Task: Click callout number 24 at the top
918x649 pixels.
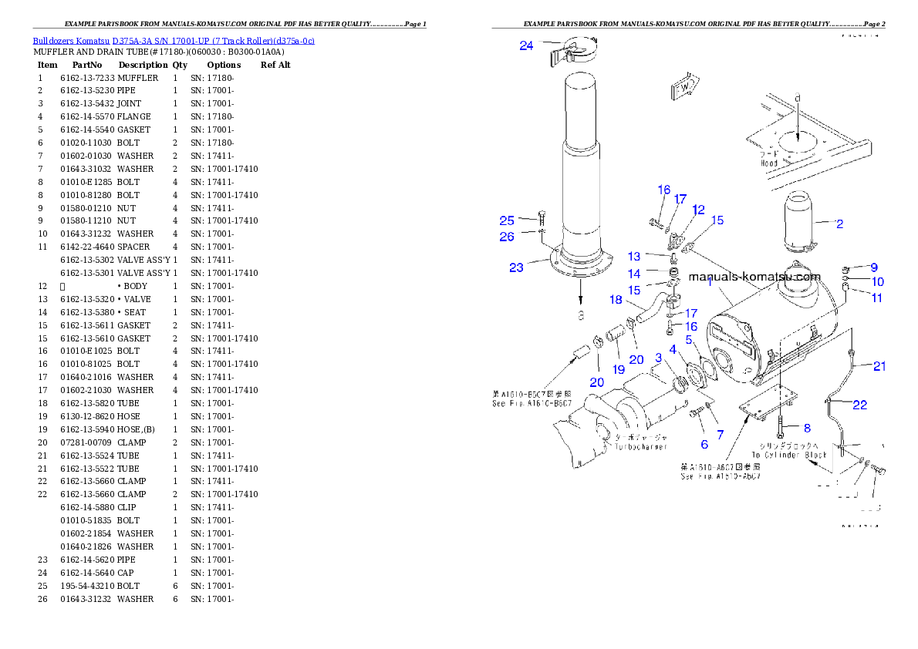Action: click(526, 45)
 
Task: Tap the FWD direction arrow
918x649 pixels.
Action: click(685, 87)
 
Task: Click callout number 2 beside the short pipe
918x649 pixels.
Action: click(839, 224)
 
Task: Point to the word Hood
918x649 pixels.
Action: click(768, 163)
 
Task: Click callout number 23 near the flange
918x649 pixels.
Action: click(516, 267)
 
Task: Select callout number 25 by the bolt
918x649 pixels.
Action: click(506, 220)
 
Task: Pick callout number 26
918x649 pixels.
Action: click(506, 237)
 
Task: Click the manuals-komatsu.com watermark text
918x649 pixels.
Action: click(754, 277)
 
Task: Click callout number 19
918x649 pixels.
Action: click(619, 370)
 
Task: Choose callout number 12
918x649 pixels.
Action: click(698, 210)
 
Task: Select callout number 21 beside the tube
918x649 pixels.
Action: click(879, 366)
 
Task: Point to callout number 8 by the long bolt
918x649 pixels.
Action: click(806, 428)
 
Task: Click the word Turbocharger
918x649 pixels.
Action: click(641, 446)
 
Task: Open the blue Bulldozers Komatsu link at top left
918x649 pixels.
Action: click(173, 40)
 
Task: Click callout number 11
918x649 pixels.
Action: click(877, 298)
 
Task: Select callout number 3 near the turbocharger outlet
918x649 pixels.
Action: click(658, 358)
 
